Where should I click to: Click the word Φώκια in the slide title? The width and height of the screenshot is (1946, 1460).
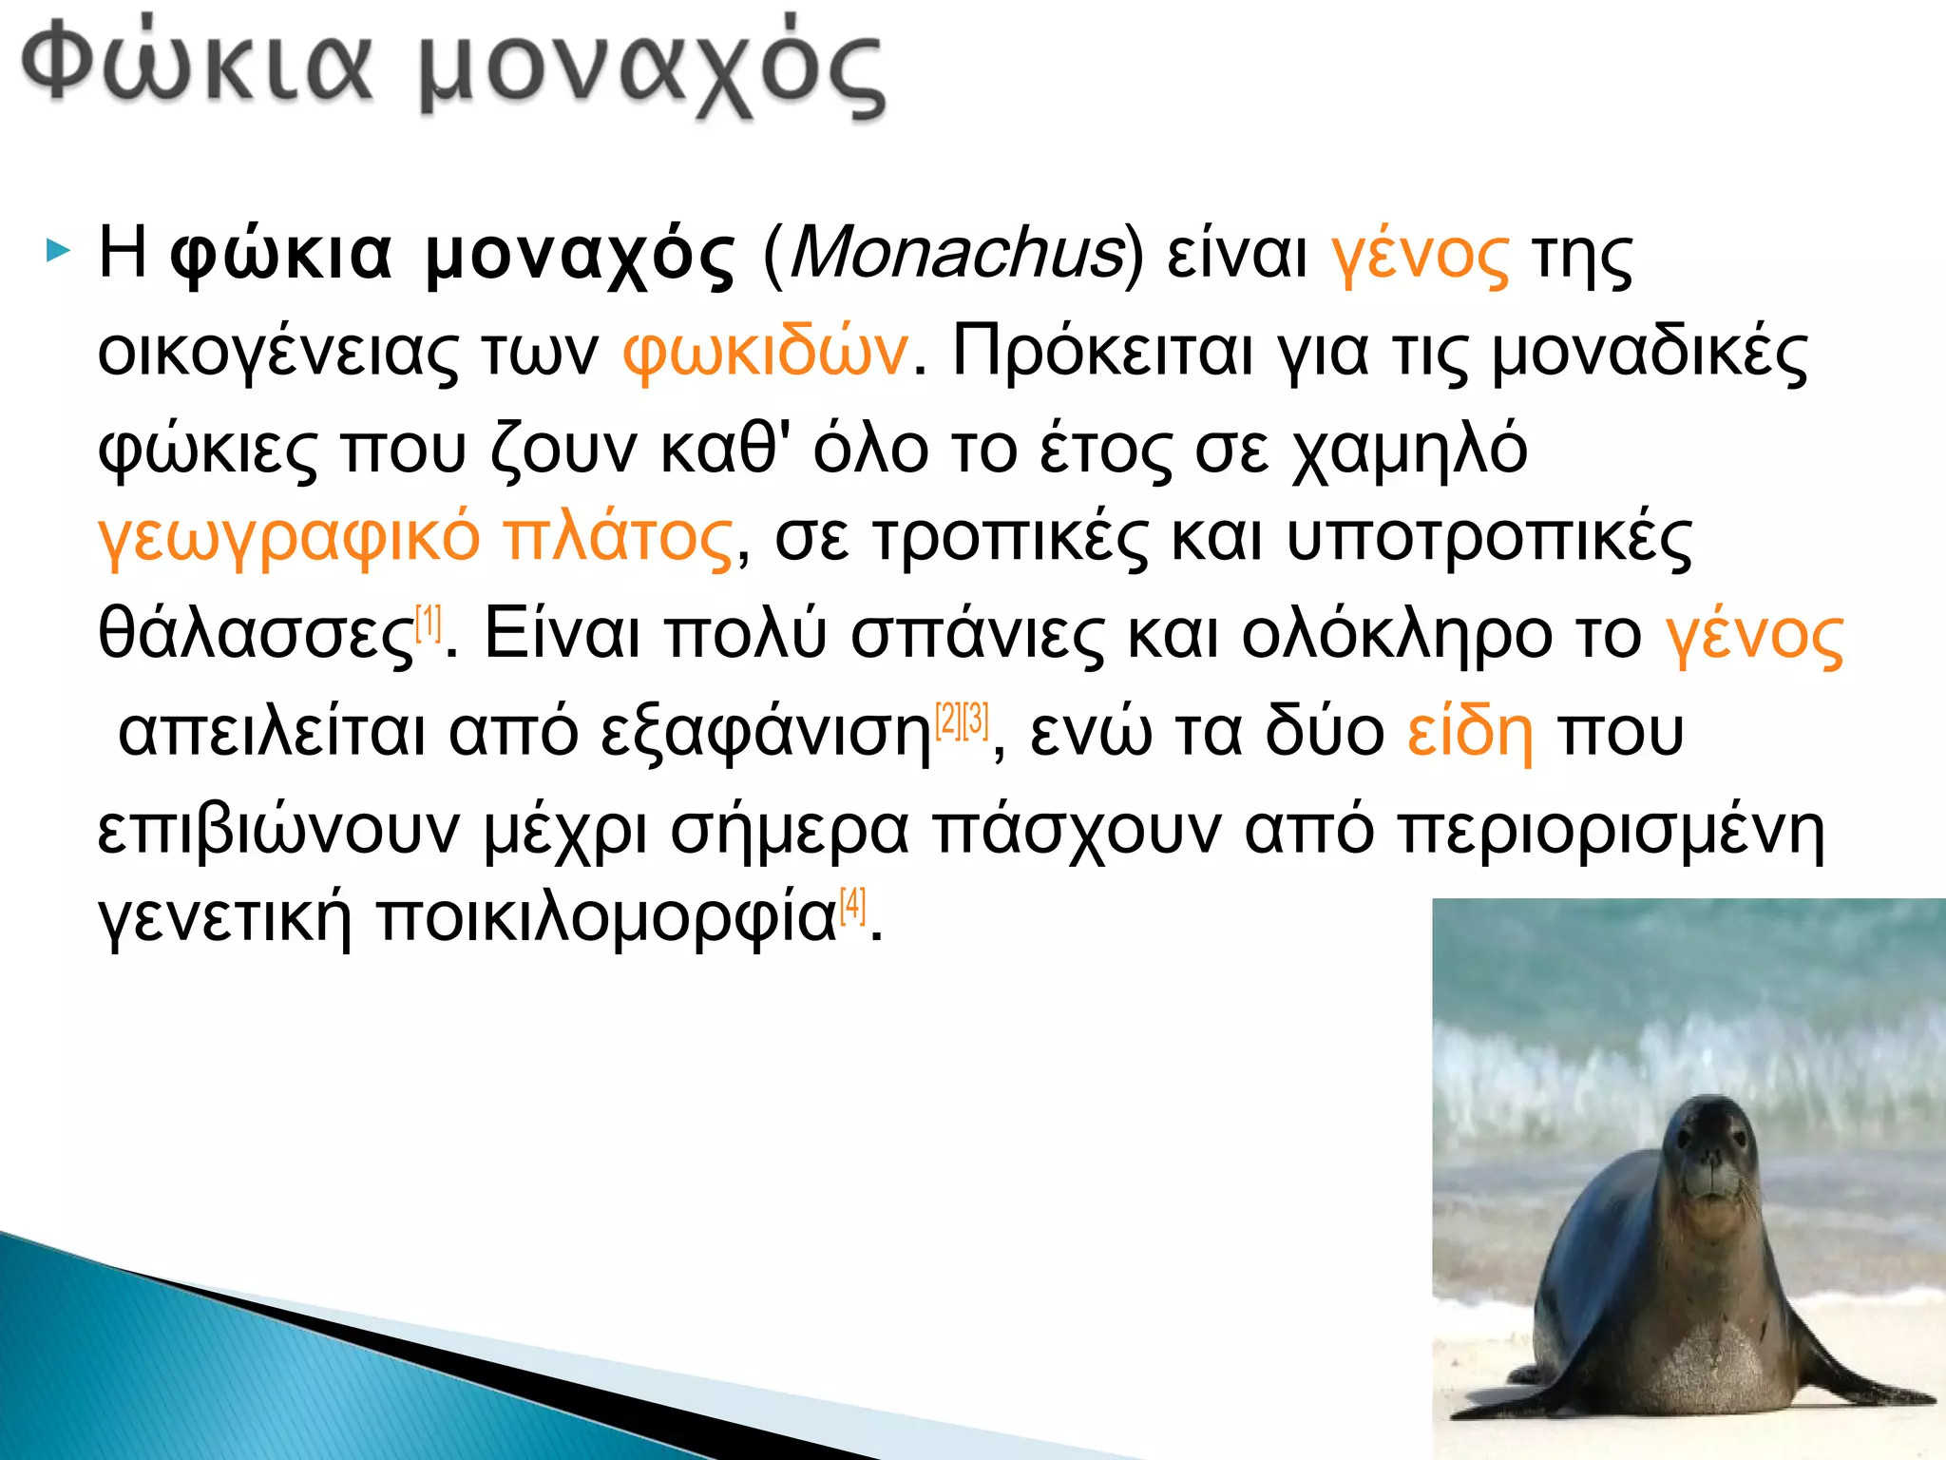coord(196,67)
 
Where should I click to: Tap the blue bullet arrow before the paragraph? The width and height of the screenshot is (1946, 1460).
coord(58,253)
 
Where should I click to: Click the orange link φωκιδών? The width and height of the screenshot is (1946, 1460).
coord(765,352)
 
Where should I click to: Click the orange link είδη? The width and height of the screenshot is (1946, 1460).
coord(1469,732)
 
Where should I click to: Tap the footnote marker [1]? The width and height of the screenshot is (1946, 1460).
coord(429,623)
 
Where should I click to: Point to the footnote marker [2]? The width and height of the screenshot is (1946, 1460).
coord(948,720)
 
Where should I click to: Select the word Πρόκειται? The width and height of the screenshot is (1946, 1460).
coord(1102,352)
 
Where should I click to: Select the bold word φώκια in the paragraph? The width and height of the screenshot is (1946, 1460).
coord(281,255)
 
